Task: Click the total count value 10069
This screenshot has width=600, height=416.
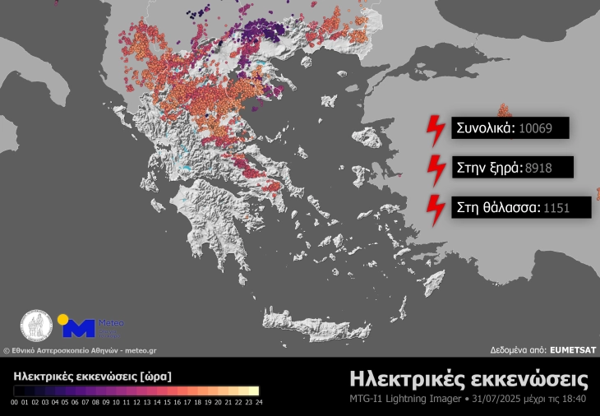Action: (539, 128)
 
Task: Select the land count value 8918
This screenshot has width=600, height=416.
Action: (538, 168)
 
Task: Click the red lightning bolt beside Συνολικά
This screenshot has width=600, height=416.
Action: (434, 130)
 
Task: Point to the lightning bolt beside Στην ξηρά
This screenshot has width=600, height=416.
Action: (434, 169)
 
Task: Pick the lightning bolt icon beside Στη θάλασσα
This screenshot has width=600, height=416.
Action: (434, 209)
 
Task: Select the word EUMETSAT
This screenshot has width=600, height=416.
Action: (573, 349)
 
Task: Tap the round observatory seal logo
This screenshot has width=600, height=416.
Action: (37, 326)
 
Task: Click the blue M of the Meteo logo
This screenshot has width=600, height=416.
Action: (79, 329)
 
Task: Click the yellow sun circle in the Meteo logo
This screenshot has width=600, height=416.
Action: (62, 319)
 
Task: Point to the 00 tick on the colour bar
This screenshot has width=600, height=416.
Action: (15, 403)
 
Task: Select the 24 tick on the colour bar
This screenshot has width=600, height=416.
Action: (258, 403)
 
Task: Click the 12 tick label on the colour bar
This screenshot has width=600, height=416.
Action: (136, 403)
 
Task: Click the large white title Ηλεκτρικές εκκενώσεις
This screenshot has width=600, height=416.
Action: (468, 379)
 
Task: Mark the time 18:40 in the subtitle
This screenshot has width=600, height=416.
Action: (574, 400)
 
